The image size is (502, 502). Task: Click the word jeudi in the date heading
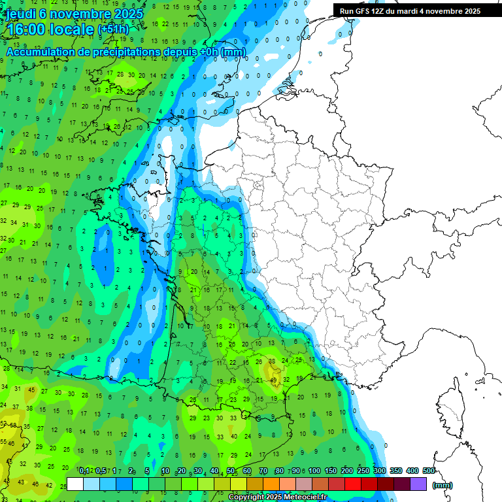pos(22,14)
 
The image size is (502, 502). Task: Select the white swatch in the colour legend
pos(75,484)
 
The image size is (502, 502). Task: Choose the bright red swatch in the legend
pos(353,484)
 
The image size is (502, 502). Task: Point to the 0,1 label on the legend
pos(84,471)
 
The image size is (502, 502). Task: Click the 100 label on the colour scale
pos(314,471)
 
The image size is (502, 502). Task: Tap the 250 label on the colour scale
pos(363,471)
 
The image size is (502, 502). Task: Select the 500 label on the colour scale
pos(428,471)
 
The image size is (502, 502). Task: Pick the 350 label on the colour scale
pos(395,471)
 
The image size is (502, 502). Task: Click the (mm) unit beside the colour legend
pos(443,485)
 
